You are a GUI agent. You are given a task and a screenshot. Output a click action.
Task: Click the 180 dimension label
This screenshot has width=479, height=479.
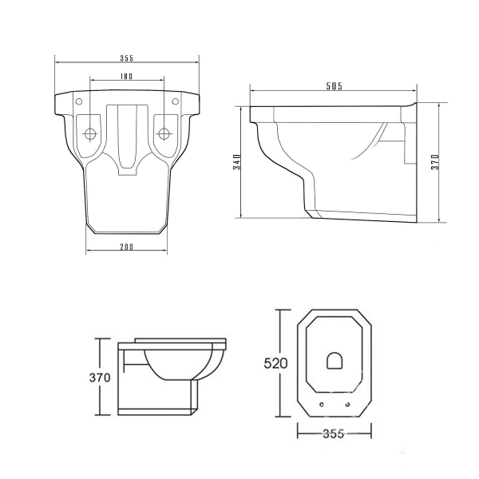(126, 76)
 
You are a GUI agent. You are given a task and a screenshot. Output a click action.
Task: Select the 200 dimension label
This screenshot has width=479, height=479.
(126, 247)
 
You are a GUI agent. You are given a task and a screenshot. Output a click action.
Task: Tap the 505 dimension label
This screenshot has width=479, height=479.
(335, 86)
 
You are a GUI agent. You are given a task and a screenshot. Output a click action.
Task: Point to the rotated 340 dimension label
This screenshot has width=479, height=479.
(237, 162)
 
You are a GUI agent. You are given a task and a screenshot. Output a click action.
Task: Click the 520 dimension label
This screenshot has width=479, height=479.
(275, 363)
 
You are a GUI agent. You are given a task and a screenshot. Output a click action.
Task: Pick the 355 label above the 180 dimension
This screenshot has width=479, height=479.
(126, 58)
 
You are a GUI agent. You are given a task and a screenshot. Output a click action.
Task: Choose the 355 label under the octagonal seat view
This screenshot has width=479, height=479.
(333, 433)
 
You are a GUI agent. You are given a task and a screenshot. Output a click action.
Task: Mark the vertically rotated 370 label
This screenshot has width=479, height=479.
(435, 162)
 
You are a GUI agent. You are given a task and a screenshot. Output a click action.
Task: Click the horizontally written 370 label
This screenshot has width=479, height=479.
(100, 378)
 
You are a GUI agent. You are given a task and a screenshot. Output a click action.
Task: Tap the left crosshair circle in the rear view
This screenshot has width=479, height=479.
(89, 133)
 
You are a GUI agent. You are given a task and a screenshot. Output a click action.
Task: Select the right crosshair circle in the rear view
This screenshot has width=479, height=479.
(164, 133)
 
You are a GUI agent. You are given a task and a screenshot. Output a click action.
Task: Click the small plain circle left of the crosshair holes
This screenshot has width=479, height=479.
(79, 101)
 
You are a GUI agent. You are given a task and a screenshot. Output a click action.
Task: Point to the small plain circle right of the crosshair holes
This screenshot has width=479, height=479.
(175, 101)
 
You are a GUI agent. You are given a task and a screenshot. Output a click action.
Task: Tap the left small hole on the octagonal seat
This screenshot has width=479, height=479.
(322, 405)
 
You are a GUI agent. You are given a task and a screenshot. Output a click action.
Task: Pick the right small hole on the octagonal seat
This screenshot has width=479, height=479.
(347, 405)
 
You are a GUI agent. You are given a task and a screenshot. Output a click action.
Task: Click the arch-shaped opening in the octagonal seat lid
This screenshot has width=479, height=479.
(335, 361)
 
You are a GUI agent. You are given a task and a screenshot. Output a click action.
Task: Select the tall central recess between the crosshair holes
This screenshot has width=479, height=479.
(127, 140)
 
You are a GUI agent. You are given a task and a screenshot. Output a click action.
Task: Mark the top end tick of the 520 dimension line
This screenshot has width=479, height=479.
(283, 310)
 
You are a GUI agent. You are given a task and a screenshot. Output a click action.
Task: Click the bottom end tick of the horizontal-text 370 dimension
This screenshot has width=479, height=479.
(102, 414)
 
